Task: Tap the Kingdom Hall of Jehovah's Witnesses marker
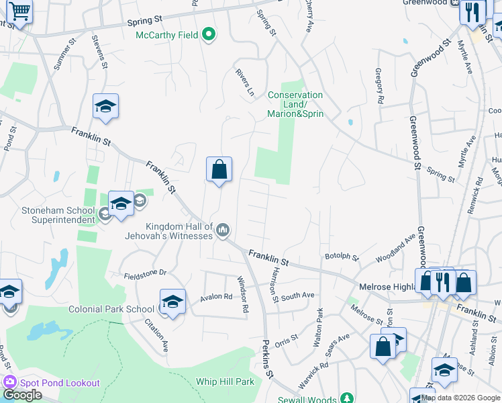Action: point(223,231)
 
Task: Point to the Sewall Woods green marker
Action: point(347,399)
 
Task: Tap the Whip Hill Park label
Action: point(225,382)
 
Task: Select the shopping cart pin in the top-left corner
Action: point(20,11)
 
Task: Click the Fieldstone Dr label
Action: point(144,274)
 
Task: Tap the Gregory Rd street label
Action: point(379,85)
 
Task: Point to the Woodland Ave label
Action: point(396,249)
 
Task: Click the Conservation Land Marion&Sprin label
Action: point(295,104)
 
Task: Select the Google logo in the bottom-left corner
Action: point(21,395)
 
